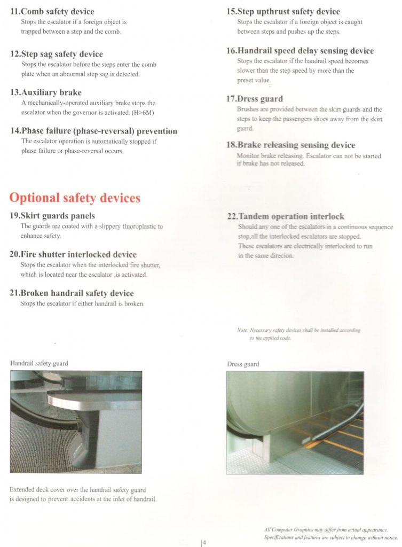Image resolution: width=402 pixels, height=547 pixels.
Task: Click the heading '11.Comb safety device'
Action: click(x=52, y=11)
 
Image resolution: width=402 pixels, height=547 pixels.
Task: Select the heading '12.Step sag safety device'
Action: click(x=57, y=54)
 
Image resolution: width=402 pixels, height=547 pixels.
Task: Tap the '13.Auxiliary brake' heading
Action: click(x=46, y=92)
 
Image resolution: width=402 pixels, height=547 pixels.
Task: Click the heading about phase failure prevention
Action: click(x=93, y=131)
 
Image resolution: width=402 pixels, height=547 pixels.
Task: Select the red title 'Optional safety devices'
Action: click(x=75, y=198)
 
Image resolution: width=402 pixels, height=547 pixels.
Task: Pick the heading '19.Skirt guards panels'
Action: click(x=52, y=216)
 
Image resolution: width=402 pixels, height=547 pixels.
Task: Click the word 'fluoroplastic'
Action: click(x=136, y=226)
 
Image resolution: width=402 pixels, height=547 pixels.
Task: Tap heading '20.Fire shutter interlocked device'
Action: click(x=73, y=254)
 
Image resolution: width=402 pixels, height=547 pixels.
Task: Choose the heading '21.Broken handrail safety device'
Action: click(x=72, y=293)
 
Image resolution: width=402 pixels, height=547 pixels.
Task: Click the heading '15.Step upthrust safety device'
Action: click(x=283, y=11)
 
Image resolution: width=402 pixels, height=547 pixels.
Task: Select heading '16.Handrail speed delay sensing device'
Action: click(x=300, y=51)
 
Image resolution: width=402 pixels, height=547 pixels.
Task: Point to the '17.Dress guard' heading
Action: click(x=255, y=99)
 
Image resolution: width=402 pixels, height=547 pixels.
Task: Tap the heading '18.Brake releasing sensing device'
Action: click(x=290, y=145)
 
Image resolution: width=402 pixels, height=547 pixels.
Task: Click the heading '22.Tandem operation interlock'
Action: click(x=286, y=216)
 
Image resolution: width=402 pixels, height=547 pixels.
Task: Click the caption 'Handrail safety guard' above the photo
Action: click(x=39, y=363)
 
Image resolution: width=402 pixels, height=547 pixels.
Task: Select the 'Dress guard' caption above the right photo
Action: click(x=243, y=364)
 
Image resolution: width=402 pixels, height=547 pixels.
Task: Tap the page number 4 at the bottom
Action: click(x=204, y=543)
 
